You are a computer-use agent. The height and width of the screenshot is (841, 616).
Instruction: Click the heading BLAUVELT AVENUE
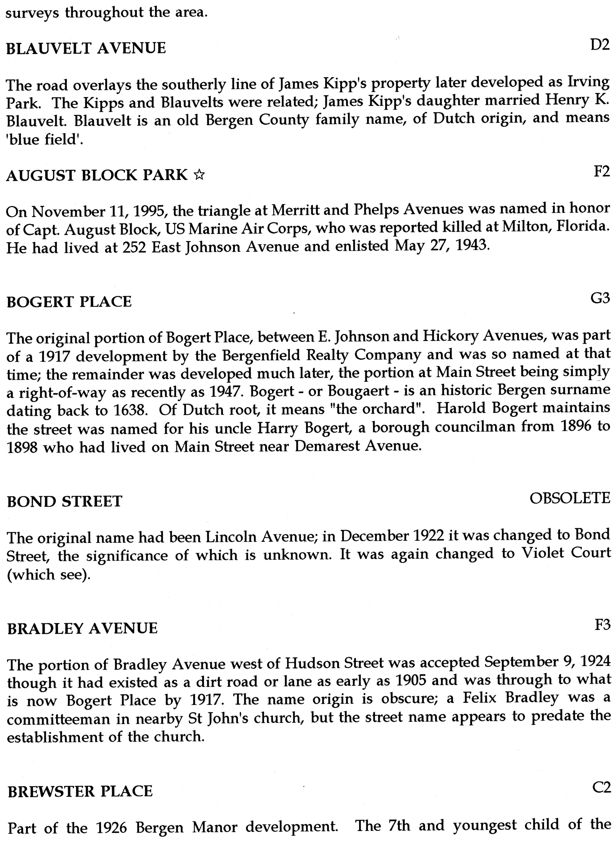coord(86,48)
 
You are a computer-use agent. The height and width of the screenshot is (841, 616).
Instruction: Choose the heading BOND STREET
coord(65,501)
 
